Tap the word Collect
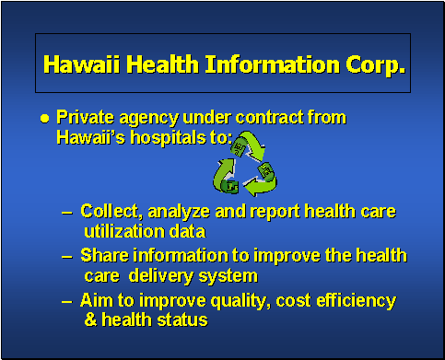click(x=110, y=212)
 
